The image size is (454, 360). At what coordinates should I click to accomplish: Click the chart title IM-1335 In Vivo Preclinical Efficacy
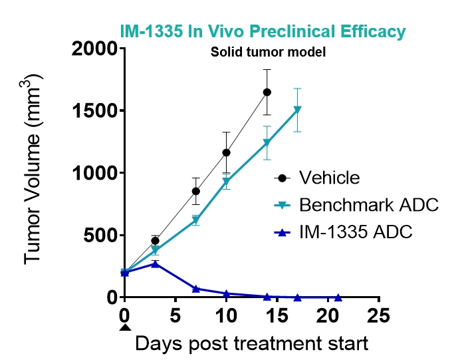[x=263, y=31]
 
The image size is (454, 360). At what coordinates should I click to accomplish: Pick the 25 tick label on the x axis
[x=379, y=314]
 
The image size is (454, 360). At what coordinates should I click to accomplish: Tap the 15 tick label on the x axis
[x=277, y=314]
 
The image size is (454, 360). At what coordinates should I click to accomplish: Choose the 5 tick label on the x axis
[x=175, y=314]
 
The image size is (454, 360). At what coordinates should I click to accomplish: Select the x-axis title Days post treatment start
[x=251, y=344]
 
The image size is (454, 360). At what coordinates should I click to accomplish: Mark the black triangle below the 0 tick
[x=124, y=327]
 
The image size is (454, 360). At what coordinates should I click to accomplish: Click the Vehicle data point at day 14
[x=267, y=92]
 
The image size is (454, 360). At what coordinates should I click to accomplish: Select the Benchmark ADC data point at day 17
[x=297, y=109]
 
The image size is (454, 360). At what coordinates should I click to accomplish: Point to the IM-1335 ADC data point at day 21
[x=338, y=297]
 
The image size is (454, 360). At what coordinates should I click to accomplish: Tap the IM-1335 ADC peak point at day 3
[x=155, y=264]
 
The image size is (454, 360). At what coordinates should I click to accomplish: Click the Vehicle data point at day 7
[x=196, y=191]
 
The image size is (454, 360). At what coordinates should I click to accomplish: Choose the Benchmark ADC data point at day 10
[x=226, y=181]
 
